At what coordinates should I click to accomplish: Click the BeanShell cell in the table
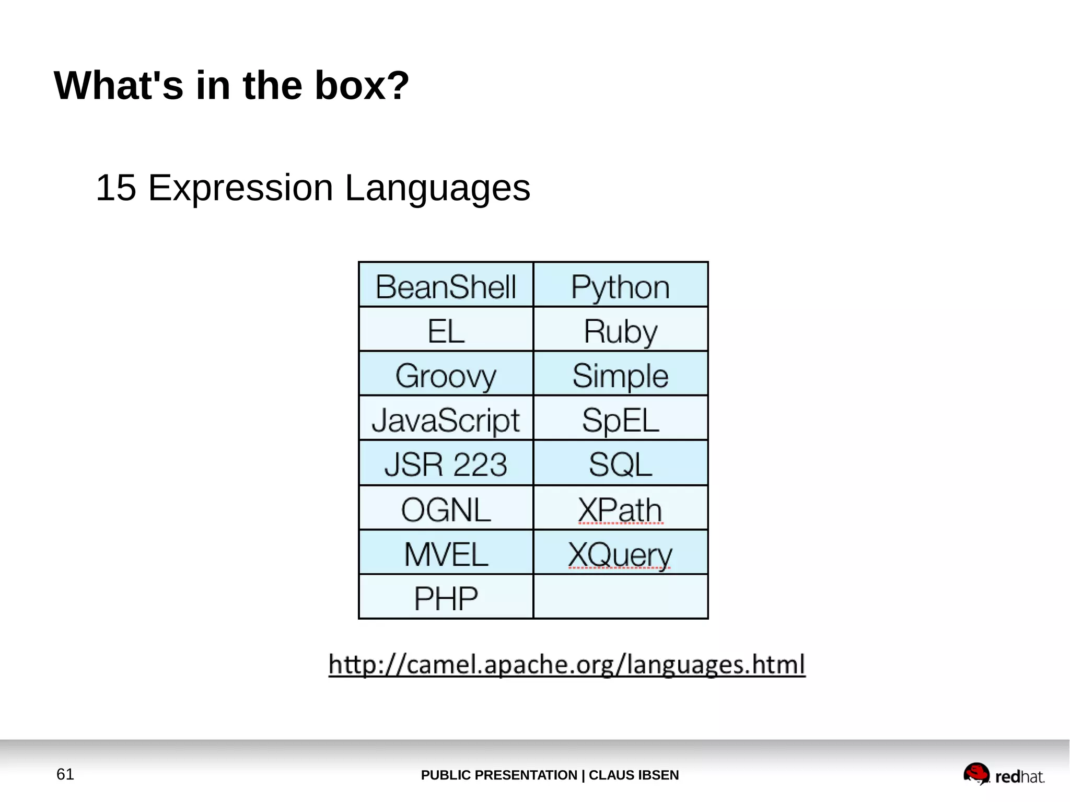[446, 286]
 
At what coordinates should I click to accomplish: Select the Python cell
[620, 286]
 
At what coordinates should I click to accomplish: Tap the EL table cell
[446, 331]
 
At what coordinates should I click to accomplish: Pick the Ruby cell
[620, 331]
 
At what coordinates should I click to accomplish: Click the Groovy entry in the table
[446, 375]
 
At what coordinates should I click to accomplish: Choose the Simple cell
[620, 375]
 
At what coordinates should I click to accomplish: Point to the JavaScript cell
[446, 420]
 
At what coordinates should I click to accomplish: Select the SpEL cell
[620, 420]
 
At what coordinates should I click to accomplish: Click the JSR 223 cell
[446, 464]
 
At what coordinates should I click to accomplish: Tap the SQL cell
[620, 464]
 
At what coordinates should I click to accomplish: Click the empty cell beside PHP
[620, 597]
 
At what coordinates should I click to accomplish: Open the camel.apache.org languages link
[567, 665]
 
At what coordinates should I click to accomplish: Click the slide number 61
[65, 774]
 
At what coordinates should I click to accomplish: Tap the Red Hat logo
[1003, 775]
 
